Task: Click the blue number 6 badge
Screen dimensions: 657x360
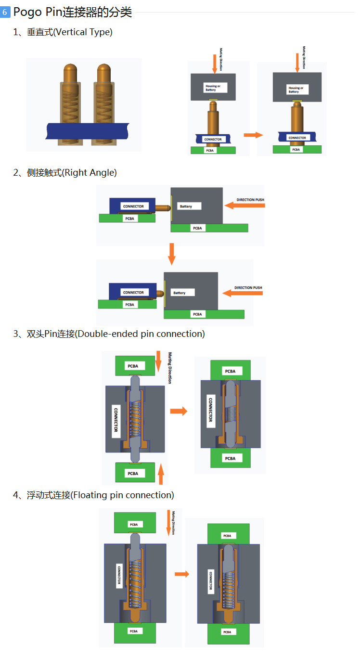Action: [5, 12]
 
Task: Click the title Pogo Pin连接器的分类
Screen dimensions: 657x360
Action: [72, 12]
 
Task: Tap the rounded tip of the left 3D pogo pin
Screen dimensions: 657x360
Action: [70, 67]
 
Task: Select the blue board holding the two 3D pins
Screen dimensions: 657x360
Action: [87, 130]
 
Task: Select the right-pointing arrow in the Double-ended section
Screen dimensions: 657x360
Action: [179, 411]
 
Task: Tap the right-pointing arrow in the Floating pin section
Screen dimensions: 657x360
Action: [181, 574]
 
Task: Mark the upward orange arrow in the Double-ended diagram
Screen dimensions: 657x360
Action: [161, 474]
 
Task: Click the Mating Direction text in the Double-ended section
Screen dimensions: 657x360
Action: [169, 368]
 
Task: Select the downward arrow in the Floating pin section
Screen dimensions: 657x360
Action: [168, 523]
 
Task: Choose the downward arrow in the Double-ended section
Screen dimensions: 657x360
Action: [159, 361]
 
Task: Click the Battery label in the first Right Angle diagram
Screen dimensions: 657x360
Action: [186, 206]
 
